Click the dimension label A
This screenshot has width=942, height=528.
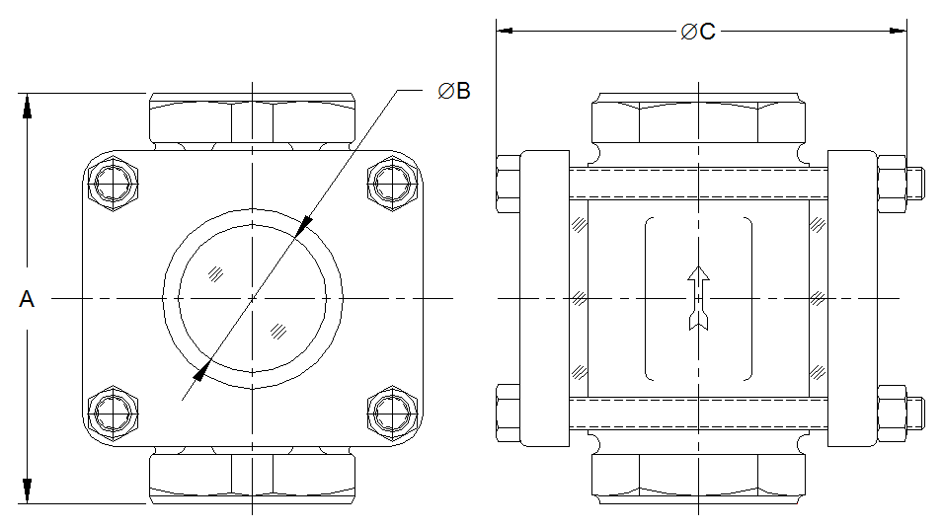[x=27, y=299]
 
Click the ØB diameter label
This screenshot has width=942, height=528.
[x=454, y=91]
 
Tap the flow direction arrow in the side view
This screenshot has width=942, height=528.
[x=698, y=297]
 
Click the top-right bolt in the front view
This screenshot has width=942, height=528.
[x=391, y=183]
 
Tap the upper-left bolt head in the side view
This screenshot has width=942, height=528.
[x=508, y=183]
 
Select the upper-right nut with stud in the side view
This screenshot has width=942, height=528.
[x=899, y=183]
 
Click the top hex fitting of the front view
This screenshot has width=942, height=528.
[x=252, y=120]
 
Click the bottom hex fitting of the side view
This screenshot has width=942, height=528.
[x=698, y=478]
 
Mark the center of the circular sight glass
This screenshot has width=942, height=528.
[x=252, y=297]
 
